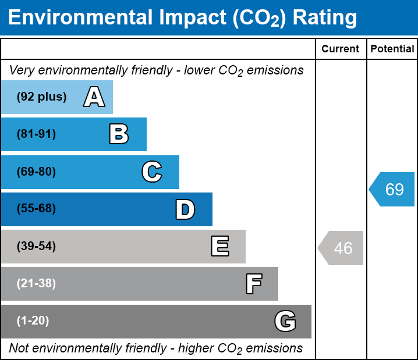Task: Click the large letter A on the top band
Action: pos(94,97)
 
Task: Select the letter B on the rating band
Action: pos(119,134)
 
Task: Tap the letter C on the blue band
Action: pos(152,172)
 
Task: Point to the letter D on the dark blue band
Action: pos(185,209)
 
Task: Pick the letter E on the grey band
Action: pos(219,247)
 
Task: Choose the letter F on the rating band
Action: pos(253,284)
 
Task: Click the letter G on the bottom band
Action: pos(285,321)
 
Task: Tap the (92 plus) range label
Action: pos(41,97)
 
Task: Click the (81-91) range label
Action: pos(36,134)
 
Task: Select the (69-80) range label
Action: pos(36,172)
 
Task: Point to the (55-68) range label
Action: pos(36,209)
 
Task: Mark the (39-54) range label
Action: pos(36,247)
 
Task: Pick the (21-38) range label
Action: pos(36,284)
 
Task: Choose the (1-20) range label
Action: pos(33,321)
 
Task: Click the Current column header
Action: pos(341,49)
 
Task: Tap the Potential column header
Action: pos(392,49)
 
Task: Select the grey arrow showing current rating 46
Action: pos(341,248)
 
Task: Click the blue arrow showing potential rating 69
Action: pos(392,190)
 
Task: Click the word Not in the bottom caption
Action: pos(19,348)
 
